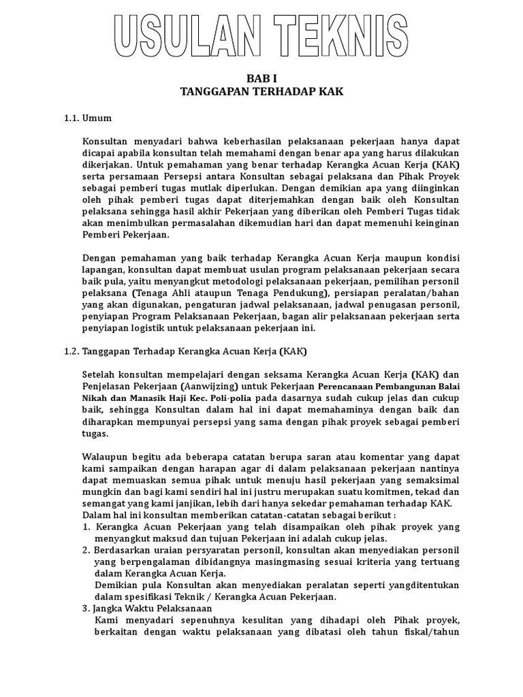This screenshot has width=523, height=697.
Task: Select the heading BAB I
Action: point(262,80)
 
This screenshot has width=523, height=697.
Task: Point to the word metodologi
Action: point(216,282)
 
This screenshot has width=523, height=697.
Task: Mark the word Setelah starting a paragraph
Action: point(99,374)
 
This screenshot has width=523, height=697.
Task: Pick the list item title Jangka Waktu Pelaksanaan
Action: point(153,609)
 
